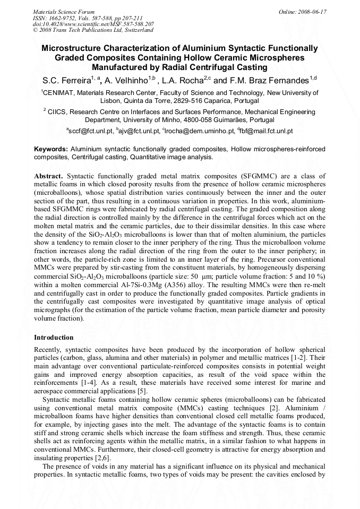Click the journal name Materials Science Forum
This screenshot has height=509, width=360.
(64, 12)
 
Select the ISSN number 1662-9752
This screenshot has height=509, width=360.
(65, 18)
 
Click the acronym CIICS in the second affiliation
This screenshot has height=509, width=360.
(57, 112)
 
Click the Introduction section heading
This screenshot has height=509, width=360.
(54, 337)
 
